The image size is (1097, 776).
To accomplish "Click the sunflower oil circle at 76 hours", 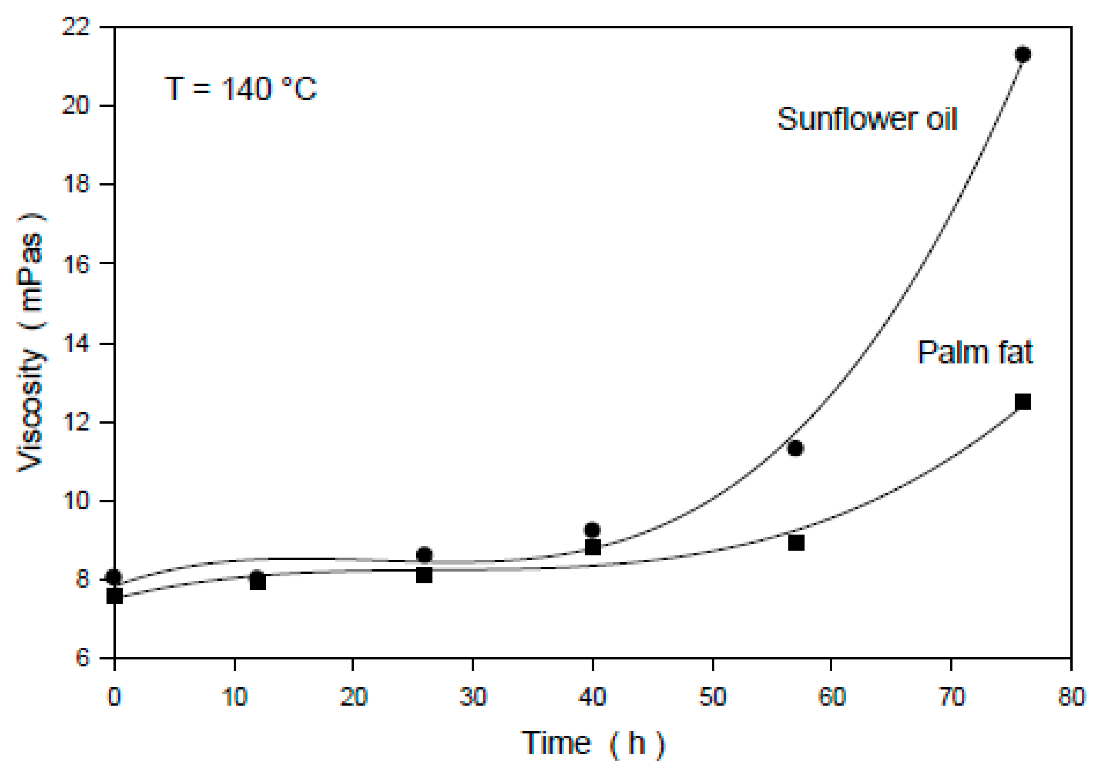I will point(1022,54).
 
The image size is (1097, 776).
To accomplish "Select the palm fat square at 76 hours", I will point(1022,401).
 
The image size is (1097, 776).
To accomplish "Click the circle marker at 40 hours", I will point(592,530).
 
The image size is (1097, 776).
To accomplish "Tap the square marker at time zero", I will point(115,596).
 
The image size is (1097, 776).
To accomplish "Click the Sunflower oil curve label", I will point(867,119).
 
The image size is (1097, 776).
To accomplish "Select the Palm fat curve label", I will point(975,353).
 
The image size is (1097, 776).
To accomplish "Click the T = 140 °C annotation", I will point(240,88).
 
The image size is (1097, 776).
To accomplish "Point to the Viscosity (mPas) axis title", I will point(31,342).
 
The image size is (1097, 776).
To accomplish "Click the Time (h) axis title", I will point(592,743).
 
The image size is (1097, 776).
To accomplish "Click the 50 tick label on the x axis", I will point(712,697).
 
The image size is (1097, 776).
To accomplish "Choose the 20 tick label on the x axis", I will point(353,697).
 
